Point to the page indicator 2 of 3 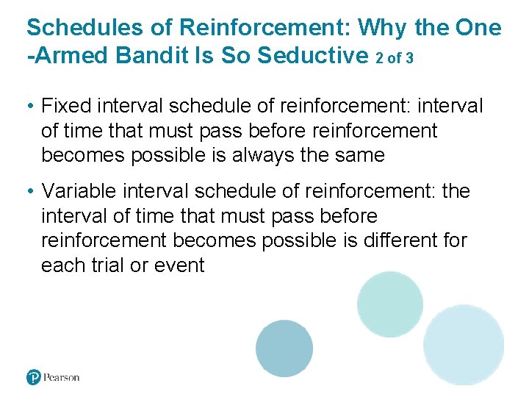pyautogui.click(x=399, y=57)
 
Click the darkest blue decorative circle pyautogui.click(x=284, y=348)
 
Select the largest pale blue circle pyautogui.click(x=464, y=344)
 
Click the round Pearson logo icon pyautogui.click(x=34, y=377)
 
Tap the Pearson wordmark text pyautogui.click(x=62, y=377)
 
